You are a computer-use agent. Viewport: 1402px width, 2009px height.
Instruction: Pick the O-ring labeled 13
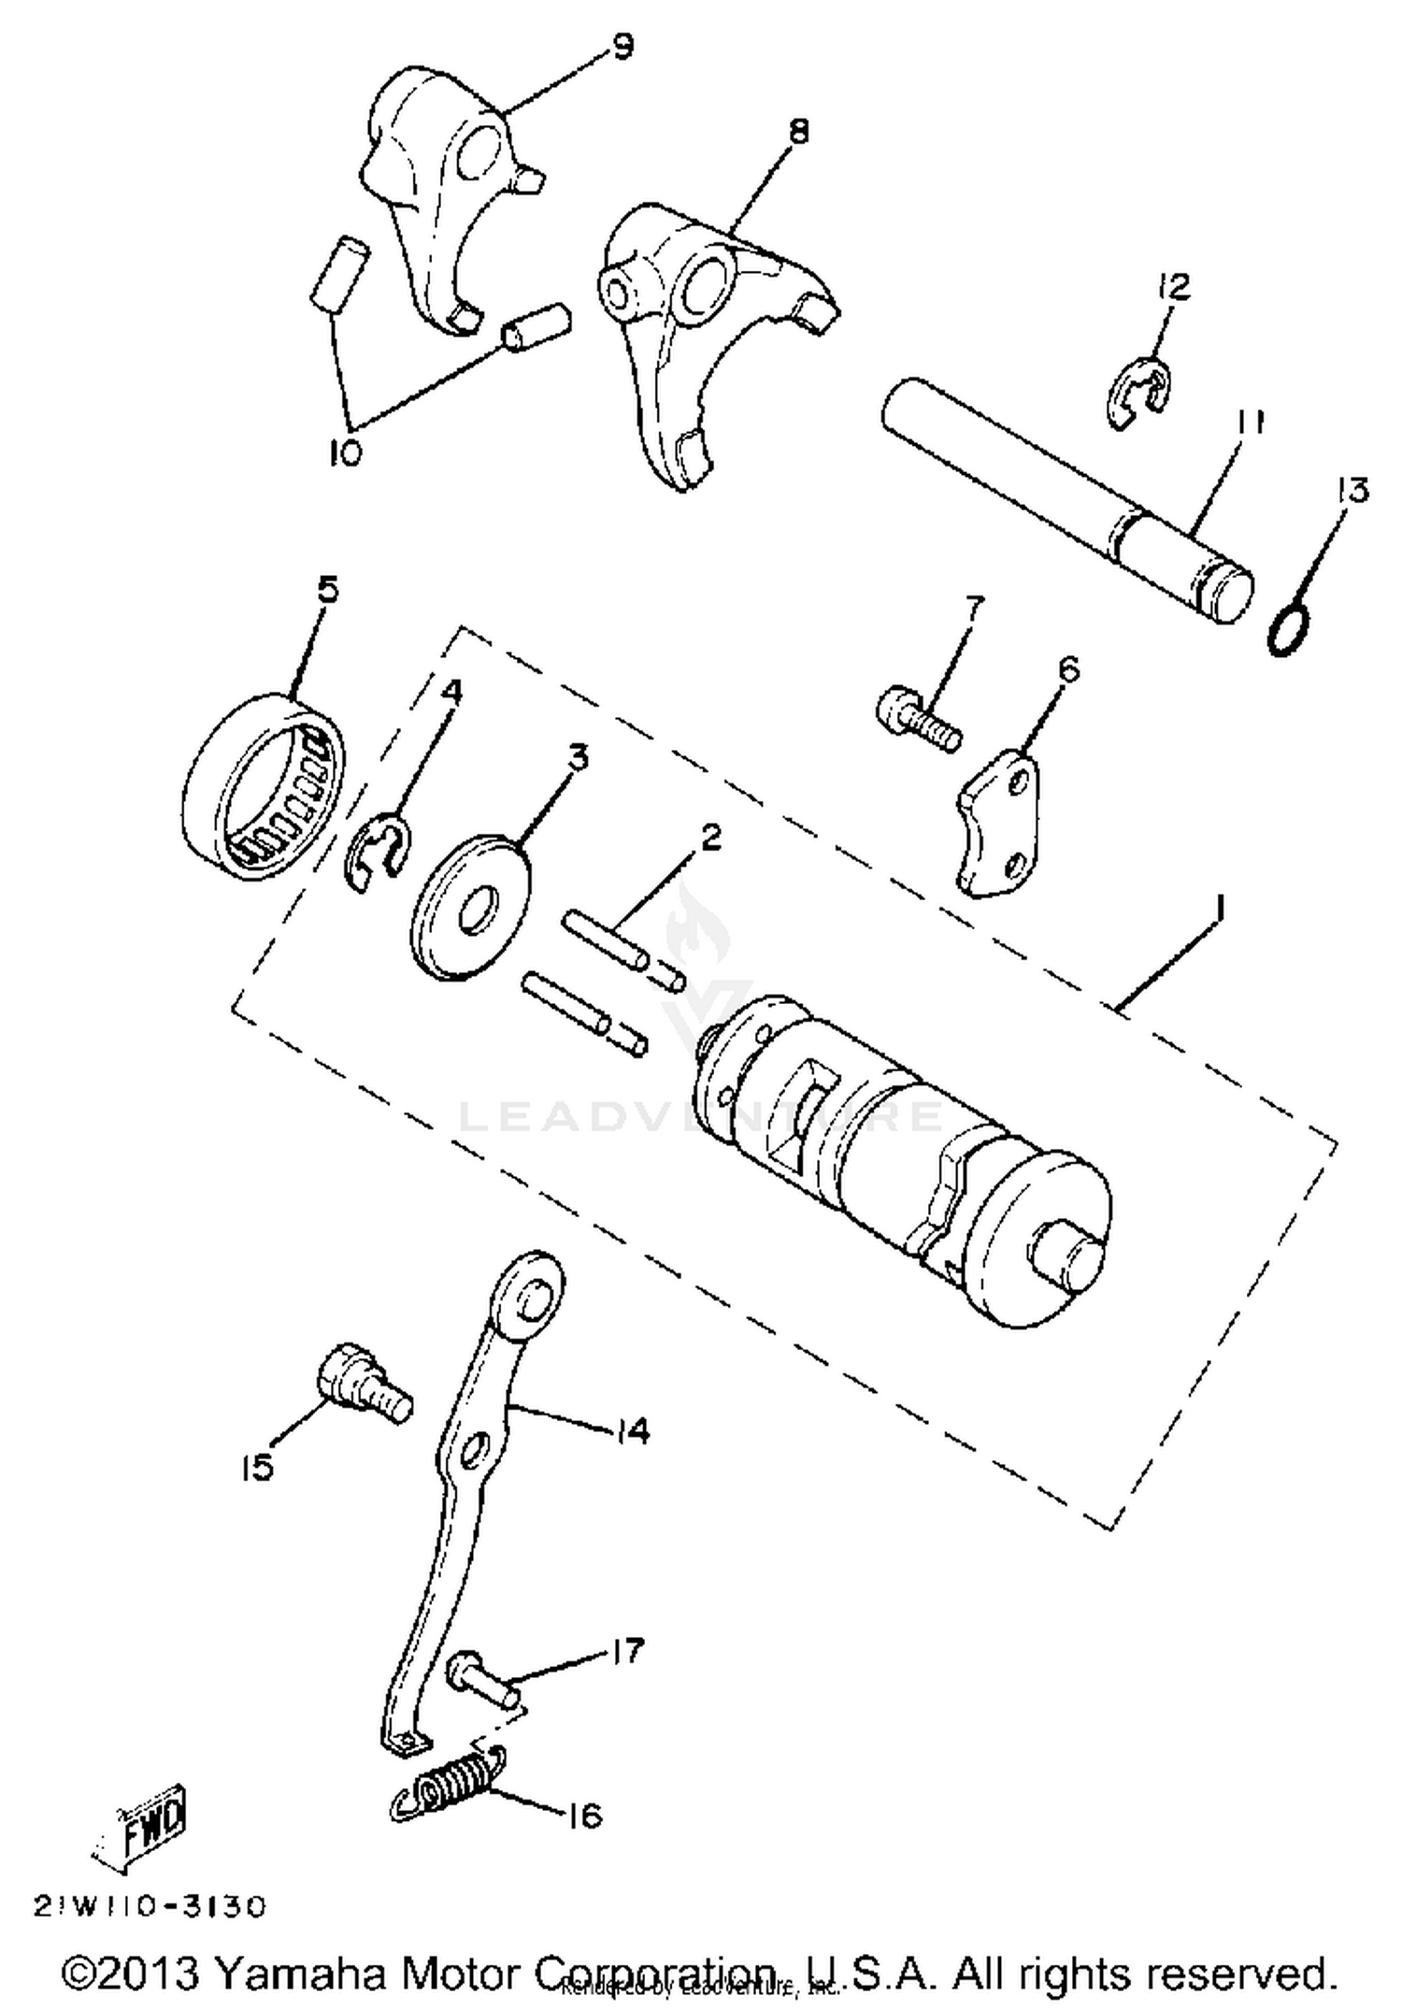(1287, 631)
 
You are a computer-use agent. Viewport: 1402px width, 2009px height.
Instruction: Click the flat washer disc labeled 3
(470, 907)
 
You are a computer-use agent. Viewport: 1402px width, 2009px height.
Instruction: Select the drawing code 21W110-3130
(150, 1905)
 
